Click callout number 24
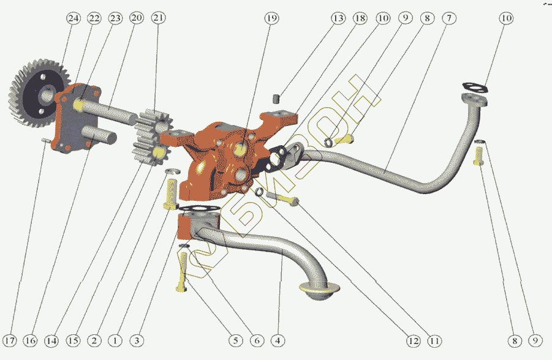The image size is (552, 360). click(74, 19)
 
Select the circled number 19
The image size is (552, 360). click(271, 19)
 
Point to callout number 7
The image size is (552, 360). click(448, 19)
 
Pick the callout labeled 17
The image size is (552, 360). click(10, 340)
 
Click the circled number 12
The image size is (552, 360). click(412, 340)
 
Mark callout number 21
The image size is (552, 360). click(159, 19)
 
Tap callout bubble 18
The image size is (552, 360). click(360, 19)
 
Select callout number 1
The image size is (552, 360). click(115, 340)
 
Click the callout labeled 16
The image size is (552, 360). click(31, 340)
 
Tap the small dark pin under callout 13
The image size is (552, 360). click(276, 97)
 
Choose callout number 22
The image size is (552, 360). click(94, 19)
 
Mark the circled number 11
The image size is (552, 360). click(435, 340)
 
